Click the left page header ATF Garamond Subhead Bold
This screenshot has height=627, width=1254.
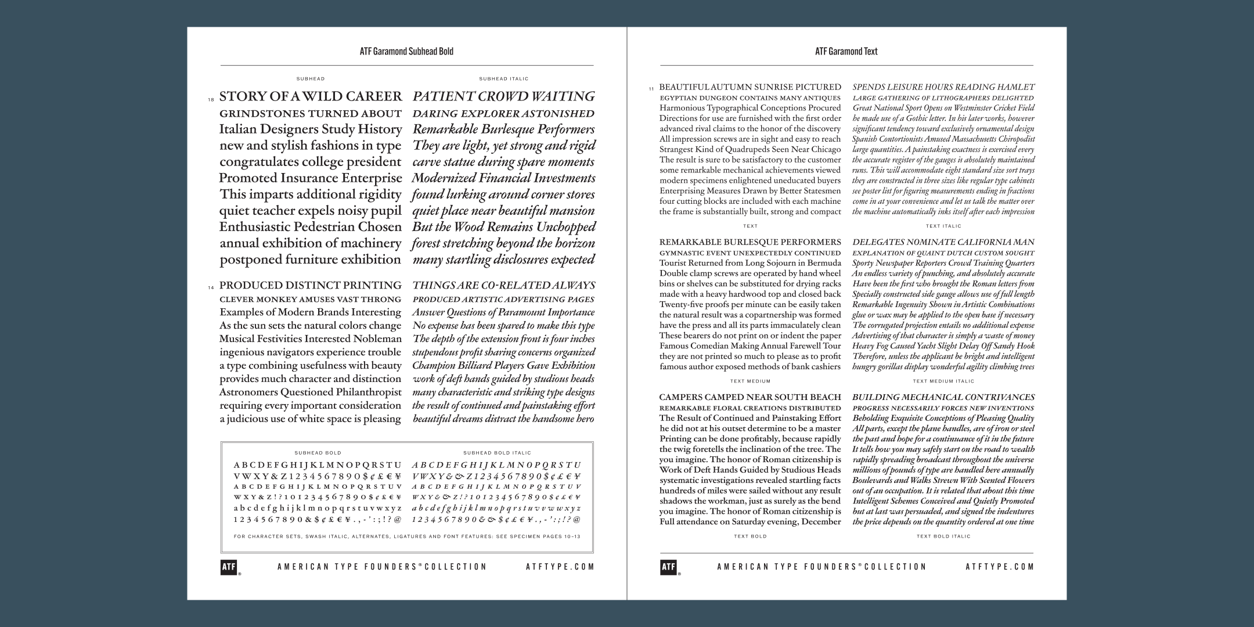point(406,51)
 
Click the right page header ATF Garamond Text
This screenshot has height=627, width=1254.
point(846,51)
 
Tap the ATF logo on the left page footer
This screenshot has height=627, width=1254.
point(229,567)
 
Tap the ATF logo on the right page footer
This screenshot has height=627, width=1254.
point(668,567)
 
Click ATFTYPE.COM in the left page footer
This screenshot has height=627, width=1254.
point(560,567)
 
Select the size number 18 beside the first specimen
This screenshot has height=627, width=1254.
point(211,100)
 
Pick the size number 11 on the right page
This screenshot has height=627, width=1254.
point(651,89)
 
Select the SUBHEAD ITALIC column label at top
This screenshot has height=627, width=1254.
point(503,78)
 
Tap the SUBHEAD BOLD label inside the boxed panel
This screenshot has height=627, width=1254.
point(318,453)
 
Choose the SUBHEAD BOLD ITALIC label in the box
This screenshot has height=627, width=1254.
point(497,453)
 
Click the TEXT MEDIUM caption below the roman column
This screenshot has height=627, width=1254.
point(750,381)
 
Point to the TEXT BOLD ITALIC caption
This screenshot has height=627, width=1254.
point(943,536)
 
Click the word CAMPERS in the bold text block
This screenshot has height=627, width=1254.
point(680,398)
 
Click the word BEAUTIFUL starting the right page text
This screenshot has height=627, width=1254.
point(684,87)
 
